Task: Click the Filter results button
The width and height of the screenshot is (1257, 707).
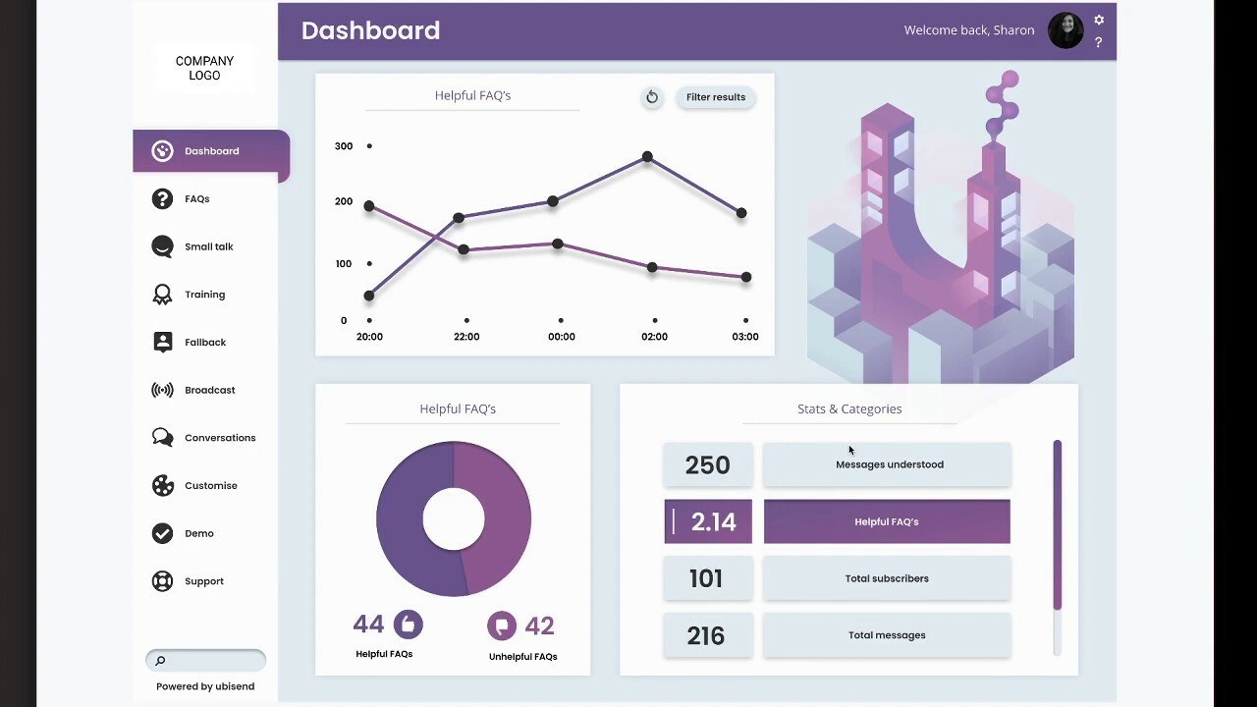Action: [715, 97]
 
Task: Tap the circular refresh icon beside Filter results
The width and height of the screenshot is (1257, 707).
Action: [651, 97]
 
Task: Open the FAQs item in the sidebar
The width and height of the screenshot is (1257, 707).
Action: [196, 199]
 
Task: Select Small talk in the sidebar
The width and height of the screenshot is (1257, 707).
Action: [208, 246]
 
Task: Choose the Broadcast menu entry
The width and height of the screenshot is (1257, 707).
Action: [209, 390]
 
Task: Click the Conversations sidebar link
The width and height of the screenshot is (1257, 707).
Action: [219, 438]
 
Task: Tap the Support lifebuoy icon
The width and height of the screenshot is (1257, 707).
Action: [162, 581]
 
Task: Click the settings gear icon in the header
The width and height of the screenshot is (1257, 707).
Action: [1099, 20]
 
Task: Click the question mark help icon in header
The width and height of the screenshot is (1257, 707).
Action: [1098, 42]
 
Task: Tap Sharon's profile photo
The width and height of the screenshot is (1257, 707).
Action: [1066, 30]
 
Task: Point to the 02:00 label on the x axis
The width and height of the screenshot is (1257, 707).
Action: [654, 337]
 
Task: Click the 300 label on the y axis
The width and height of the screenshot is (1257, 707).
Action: [343, 146]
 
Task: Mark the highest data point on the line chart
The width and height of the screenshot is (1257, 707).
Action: [647, 157]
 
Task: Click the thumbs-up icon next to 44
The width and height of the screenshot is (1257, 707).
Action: [408, 625]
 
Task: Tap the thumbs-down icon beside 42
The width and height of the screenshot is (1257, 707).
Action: [501, 625]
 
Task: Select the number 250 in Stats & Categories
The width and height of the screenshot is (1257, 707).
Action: [707, 465]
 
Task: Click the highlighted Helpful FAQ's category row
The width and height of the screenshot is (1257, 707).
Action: [886, 522]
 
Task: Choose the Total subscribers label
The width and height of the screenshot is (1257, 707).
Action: [886, 578]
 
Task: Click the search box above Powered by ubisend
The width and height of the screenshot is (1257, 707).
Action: [206, 660]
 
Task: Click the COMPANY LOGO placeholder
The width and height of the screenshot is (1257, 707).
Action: [204, 68]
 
